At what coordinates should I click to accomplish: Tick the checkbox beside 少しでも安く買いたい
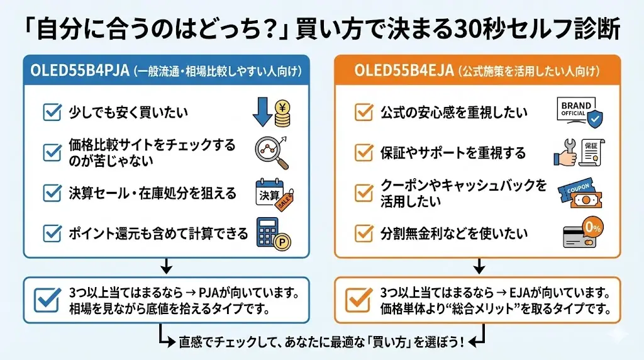pos(51,113)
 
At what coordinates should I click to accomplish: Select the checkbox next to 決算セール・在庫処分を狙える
pos(51,193)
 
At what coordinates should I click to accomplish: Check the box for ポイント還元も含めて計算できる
pos(51,234)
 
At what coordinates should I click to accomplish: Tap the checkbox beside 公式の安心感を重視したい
pos(363,113)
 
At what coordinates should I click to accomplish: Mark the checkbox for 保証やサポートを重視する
pos(363,153)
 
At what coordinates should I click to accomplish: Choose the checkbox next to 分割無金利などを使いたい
pos(363,233)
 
